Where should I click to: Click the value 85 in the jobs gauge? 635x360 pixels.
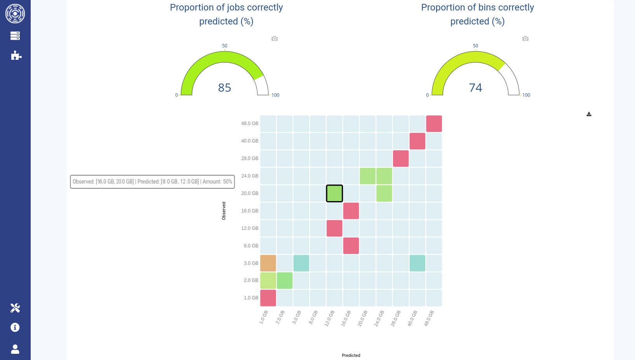pos(224,88)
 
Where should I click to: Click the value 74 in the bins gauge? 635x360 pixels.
pos(475,88)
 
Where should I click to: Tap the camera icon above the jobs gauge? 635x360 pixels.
pos(275,38)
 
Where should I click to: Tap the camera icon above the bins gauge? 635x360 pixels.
pos(525,38)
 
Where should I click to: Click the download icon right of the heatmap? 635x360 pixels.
pos(589,114)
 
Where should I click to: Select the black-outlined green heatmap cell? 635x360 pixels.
pos(334,193)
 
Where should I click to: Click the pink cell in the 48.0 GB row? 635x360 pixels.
pos(434,123)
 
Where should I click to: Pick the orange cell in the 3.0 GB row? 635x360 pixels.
pos(268,263)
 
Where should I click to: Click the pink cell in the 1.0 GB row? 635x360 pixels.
pos(268,298)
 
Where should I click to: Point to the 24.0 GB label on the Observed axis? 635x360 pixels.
pos(250,176)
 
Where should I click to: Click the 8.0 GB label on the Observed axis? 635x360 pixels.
pos(251,246)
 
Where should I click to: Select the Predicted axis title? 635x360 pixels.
pos(351,355)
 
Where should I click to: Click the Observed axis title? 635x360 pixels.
pos(224,211)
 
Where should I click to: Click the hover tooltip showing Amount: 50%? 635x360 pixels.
pos(152,182)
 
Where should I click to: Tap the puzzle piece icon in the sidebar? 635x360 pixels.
pos(16,56)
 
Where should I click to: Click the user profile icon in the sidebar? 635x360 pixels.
pos(15,349)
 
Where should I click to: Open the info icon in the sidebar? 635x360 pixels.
pos(15,327)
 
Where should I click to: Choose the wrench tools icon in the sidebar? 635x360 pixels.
pos(15,308)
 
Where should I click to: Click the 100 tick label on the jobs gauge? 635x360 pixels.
pos(275,95)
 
